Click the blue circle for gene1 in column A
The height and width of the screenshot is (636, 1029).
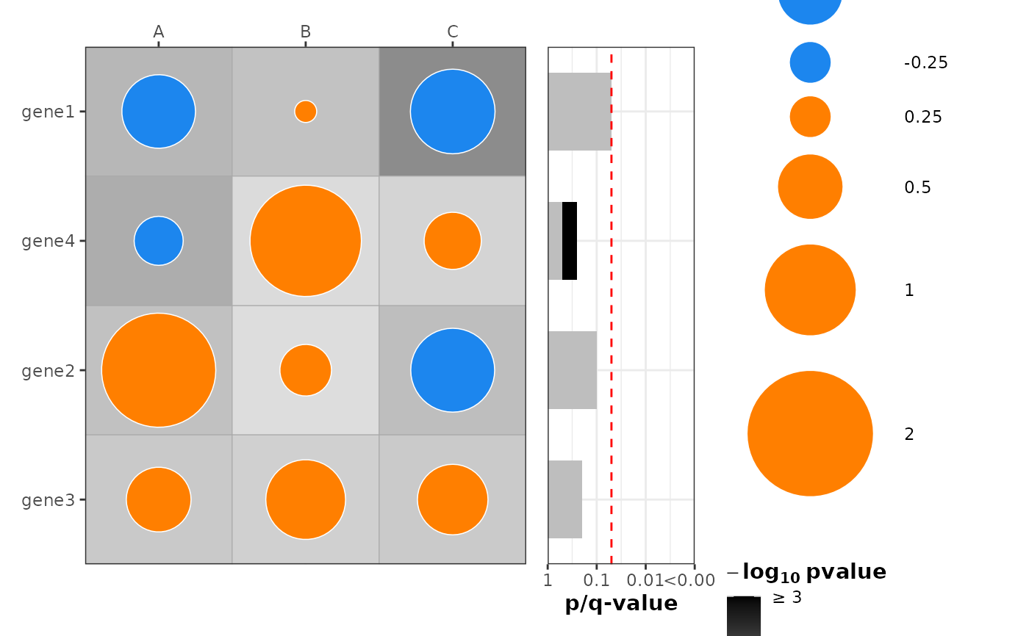159,112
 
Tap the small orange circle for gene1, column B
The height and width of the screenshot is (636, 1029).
306,112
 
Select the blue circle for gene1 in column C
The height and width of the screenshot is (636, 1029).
453,112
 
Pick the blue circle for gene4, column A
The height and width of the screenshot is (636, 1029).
159,241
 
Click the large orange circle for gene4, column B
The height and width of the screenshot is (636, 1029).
306,241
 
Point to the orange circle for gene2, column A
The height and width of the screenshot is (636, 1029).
159,370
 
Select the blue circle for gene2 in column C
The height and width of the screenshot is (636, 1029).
453,370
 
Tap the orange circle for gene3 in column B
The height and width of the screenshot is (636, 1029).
306,499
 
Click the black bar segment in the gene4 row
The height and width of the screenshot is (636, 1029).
570,241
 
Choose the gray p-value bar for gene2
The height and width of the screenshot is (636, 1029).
573,370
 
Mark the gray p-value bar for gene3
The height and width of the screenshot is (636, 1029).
565,499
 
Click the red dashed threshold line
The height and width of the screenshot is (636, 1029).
612,308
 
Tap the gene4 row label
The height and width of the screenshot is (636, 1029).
49,241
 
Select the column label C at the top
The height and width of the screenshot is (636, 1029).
453,32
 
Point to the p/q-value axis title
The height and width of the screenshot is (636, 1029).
621,604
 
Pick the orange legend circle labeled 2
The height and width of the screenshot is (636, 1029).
810,433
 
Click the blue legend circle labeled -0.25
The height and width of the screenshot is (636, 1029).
810,62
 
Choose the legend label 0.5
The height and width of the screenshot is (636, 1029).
918,187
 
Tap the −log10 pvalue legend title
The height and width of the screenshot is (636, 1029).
806,572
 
